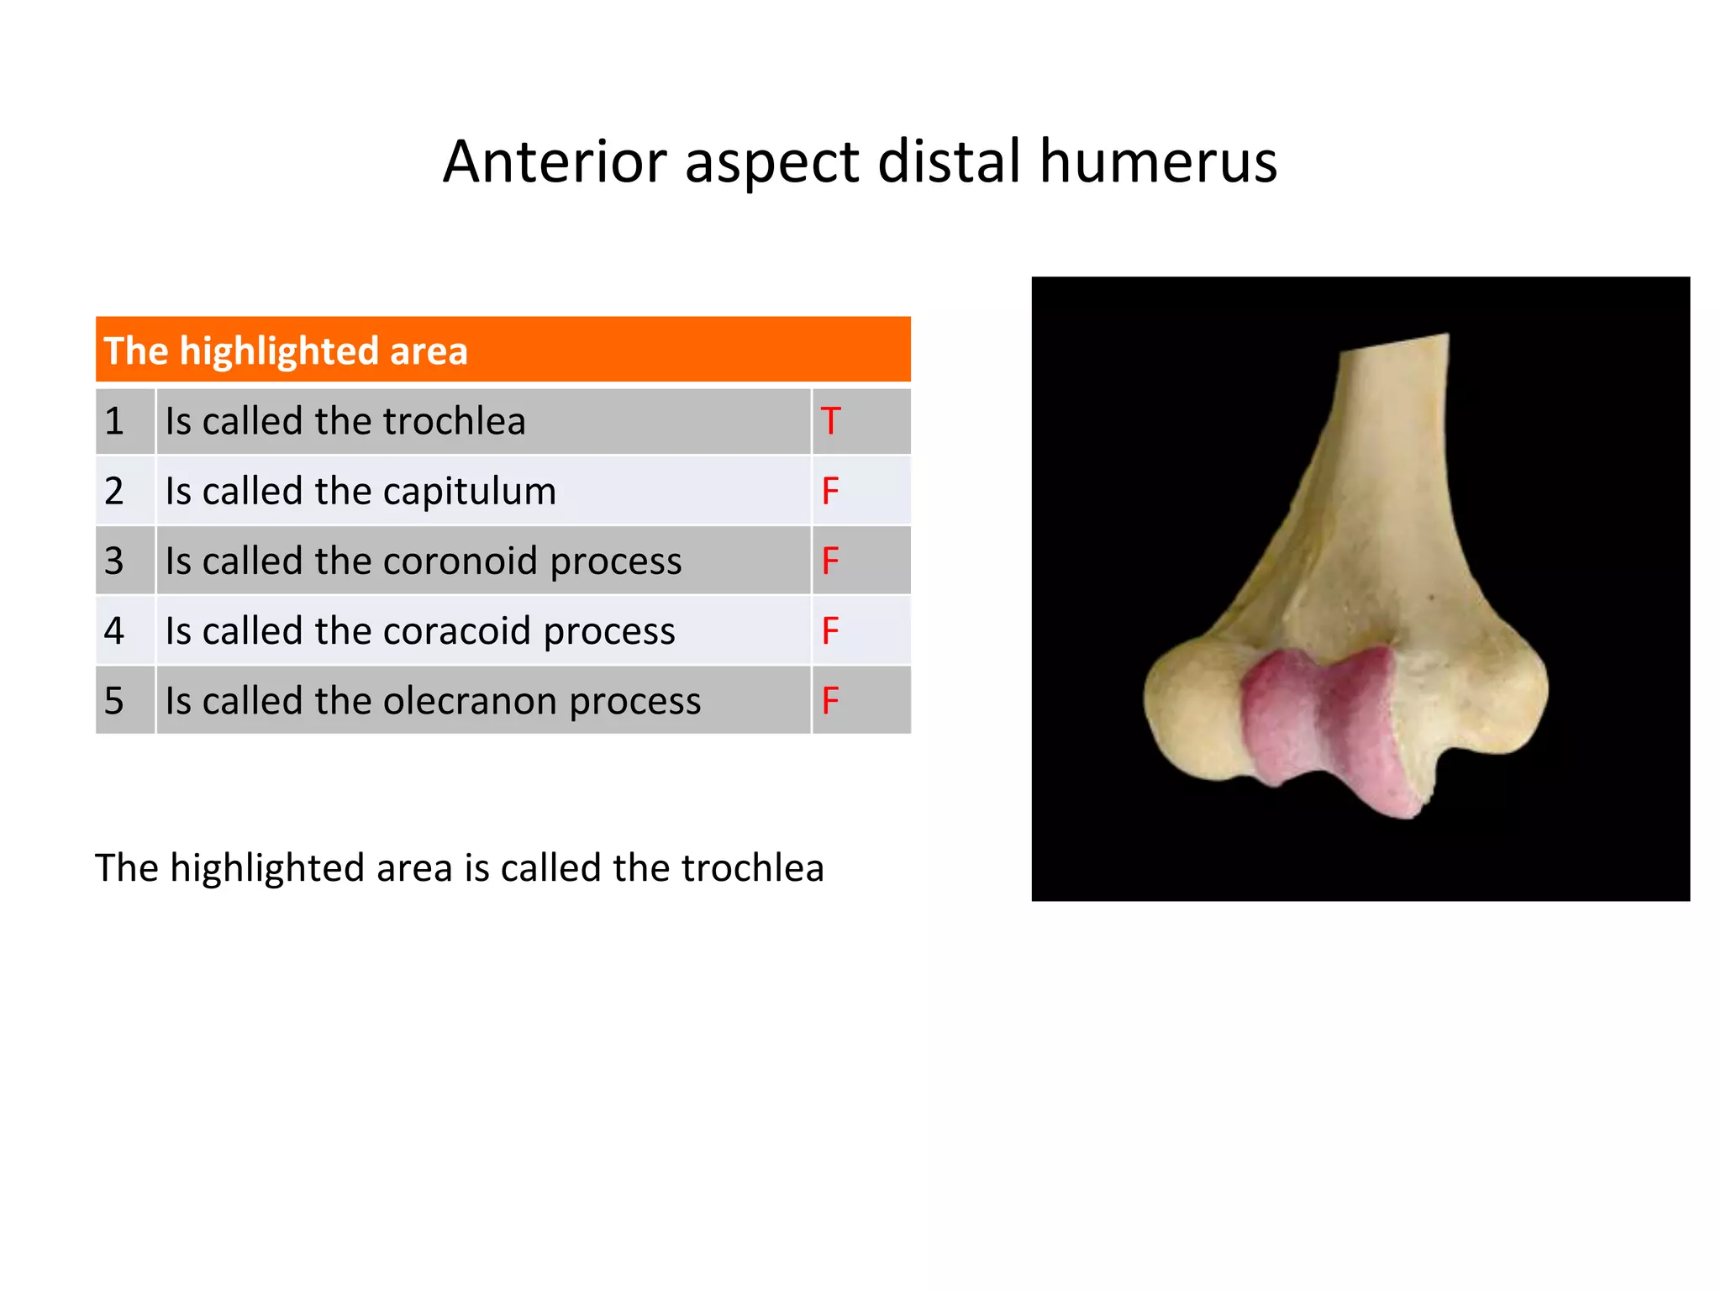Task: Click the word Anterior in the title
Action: click(x=555, y=161)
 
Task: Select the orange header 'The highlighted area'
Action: click(x=503, y=350)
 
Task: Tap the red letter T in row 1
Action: click(x=830, y=421)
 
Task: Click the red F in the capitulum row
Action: click(x=830, y=491)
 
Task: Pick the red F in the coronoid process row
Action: click(x=830, y=561)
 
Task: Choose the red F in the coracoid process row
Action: click(x=830, y=630)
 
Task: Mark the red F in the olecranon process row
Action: click(x=830, y=700)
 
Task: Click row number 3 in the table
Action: click(x=114, y=561)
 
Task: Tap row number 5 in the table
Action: click(x=114, y=700)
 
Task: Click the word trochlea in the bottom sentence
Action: click(x=752, y=867)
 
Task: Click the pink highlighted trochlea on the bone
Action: click(x=1324, y=723)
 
